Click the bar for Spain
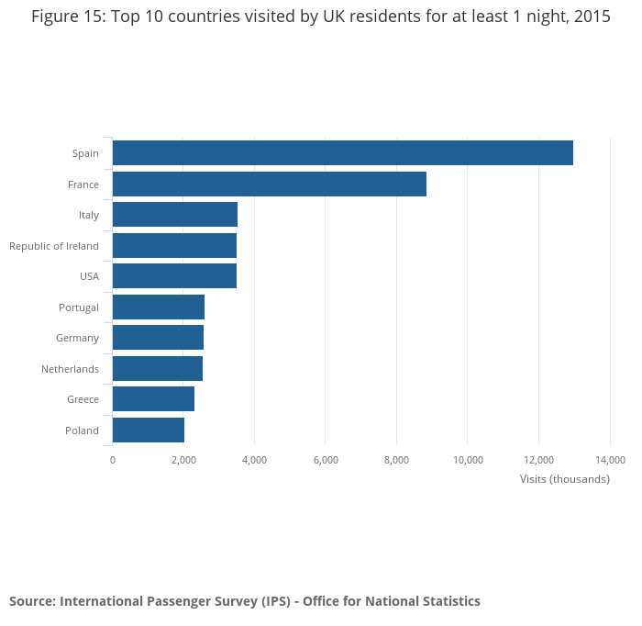[x=342, y=153]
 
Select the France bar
[x=269, y=184]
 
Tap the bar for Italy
[x=174, y=215]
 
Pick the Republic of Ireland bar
[x=174, y=246]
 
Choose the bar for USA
[x=174, y=276]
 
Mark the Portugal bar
[x=158, y=307]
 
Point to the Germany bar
[x=158, y=338]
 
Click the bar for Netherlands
[x=157, y=369]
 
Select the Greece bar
[x=153, y=399]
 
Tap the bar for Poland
[x=148, y=430]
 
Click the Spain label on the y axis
[x=85, y=153]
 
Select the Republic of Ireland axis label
[x=54, y=246]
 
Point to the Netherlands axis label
[x=70, y=369]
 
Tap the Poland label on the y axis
[x=82, y=430]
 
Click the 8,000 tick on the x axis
[x=396, y=460]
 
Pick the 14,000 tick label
[x=610, y=460]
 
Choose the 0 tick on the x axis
[x=113, y=460]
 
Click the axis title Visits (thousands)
[x=564, y=479]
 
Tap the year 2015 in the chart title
[x=592, y=17]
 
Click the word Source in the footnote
[x=31, y=601]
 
